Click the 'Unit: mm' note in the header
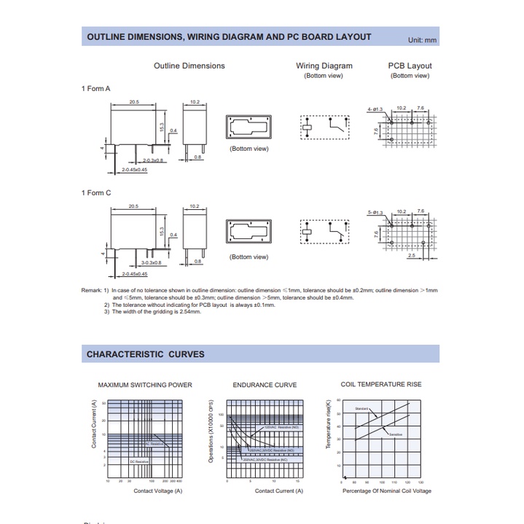tap(422, 40)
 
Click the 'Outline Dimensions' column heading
tap(189, 66)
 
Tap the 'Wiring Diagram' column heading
tap(324, 66)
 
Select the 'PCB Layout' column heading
tap(410, 66)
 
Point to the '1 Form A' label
tap(95, 88)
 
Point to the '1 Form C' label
tap(95, 192)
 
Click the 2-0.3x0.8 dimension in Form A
tap(154, 160)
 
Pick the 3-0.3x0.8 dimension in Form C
tap(151, 262)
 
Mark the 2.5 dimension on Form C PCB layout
tap(412, 256)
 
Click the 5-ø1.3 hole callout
tap(375, 212)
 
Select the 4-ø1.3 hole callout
tap(375, 109)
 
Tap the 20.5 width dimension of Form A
tap(134, 101)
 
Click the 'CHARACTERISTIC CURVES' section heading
tap(146, 354)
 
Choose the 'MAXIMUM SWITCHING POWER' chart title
tap(145, 385)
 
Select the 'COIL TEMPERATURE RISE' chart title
tap(381, 384)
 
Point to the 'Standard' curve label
tap(361, 409)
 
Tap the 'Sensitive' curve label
tap(396, 434)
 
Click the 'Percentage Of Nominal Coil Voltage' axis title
tap(387, 491)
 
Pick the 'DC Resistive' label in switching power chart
tap(138, 461)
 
